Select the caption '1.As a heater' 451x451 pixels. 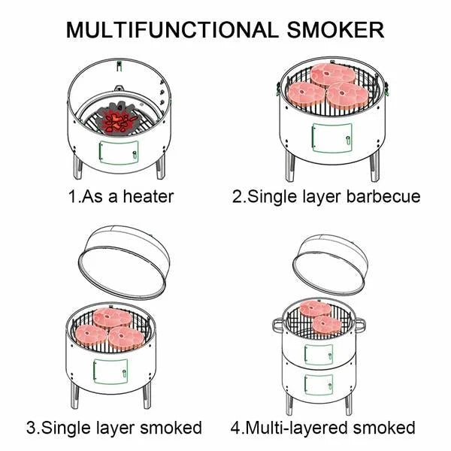pyautogui.click(x=121, y=197)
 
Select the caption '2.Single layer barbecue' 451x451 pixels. pyautogui.click(x=325, y=197)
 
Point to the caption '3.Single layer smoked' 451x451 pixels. pyautogui.click(x=114, y=428)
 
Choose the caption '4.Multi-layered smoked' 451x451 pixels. pyautogui.click(x=322, y=428)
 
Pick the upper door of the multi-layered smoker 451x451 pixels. pyautogui.click(x=318, y=353)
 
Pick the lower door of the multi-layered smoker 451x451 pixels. pyautogui.click(x=318, y=385)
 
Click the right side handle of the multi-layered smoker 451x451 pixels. pyautogui.click(x=360, y=324)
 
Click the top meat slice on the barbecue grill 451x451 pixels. pyautogui.click(x=332, y=74)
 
